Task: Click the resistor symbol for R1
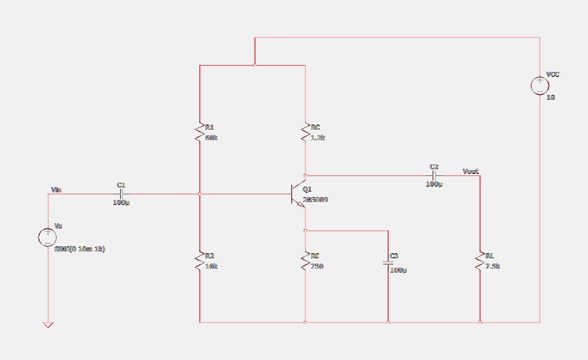click(x=199, y=133)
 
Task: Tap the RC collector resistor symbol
click(x=305, y=133)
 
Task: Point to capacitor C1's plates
click(x=121, y=194)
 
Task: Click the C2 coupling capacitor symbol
click(x=434, y=176)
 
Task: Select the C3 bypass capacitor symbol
click(x=388, y=263)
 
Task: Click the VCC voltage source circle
click(x=540, y=86)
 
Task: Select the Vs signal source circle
click(x=47, y=237)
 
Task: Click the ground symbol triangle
click(x=48, y=325)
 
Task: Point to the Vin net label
click(x=56, y=189)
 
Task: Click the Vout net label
click(x=470, y=171)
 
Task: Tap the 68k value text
click(x=211, y=138)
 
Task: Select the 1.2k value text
click(x=318, y=138)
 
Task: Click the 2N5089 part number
click(x=315, y=200)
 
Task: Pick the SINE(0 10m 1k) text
click(x=80, y=249)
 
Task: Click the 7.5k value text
click(x=493, y=266)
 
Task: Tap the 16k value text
click(x=211, y=266)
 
